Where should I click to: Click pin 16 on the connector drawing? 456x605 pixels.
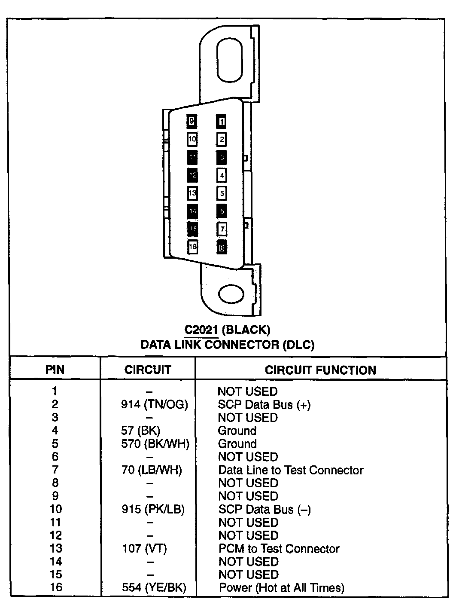click(193, 247)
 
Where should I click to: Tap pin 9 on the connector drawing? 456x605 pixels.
click(192, 122)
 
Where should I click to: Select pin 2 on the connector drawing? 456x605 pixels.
click(222, 139)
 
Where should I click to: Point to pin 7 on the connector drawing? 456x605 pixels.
click(222, 229)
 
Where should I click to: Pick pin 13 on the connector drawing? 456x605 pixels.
click(192, 193)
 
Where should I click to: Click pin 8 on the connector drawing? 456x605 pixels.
click(222, 247)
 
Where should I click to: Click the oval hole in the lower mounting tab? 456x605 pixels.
click(231, 294)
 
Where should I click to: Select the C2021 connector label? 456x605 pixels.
click(228, 330)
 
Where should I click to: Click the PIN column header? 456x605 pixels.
click(55, 370)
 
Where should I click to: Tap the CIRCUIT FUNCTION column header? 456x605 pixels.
click(320, 370)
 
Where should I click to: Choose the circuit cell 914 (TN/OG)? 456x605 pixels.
click(155, 404)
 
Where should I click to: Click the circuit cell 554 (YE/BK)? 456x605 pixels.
click(154, 587)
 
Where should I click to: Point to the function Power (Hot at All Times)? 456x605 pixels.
click(282, 587)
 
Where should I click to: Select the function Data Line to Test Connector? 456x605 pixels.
click(291, 470)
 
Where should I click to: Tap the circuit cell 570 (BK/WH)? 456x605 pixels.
click(155, 443)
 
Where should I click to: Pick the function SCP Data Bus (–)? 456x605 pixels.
click(264, 509)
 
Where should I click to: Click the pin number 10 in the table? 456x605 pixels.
click(56, 509)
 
